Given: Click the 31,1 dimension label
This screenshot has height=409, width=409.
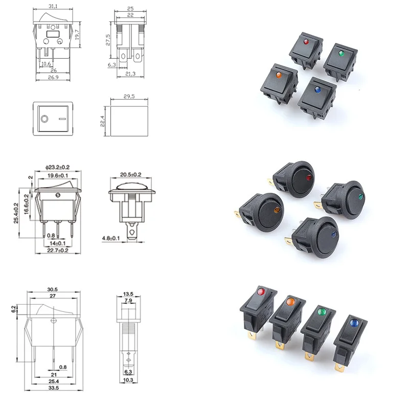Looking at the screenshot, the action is point(53,6).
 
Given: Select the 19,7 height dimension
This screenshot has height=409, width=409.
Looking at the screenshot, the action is point(77,35).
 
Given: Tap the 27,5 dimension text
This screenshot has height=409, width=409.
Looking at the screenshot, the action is point(108,40).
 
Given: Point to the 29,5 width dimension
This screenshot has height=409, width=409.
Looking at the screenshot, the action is point(129,96).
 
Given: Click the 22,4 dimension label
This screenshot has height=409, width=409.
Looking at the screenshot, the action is point(102,121).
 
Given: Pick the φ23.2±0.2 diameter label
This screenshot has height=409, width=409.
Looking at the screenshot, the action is point(57,167).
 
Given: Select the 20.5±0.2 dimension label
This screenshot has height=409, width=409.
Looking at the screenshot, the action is point(131,174).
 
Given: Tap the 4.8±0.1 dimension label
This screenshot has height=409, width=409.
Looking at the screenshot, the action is point(111,238).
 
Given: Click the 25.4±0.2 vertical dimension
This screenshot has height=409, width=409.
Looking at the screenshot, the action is point(16,213).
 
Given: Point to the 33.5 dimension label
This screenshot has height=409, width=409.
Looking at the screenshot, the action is point(54,388).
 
